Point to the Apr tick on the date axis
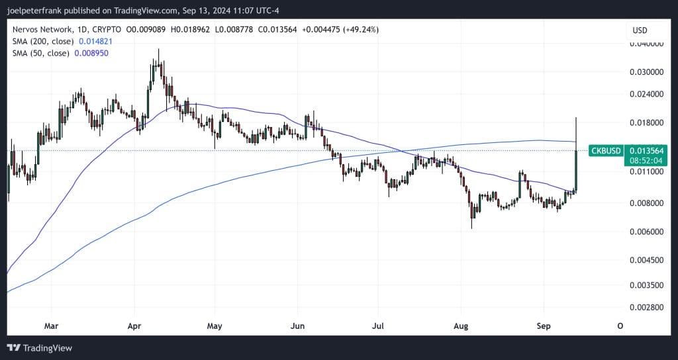pos(134,326)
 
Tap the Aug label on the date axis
pos(461,326)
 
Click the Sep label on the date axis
pos(542,326)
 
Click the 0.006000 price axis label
pos(644,232)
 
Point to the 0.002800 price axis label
pos(644,308)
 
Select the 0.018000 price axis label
pos(644,123)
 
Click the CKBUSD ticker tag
pos(605,151)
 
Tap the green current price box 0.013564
pos(646,151)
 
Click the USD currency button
pos(640,30)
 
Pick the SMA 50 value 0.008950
pos(89,52)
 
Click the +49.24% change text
pos(360,30)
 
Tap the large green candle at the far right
pos(577,171)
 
